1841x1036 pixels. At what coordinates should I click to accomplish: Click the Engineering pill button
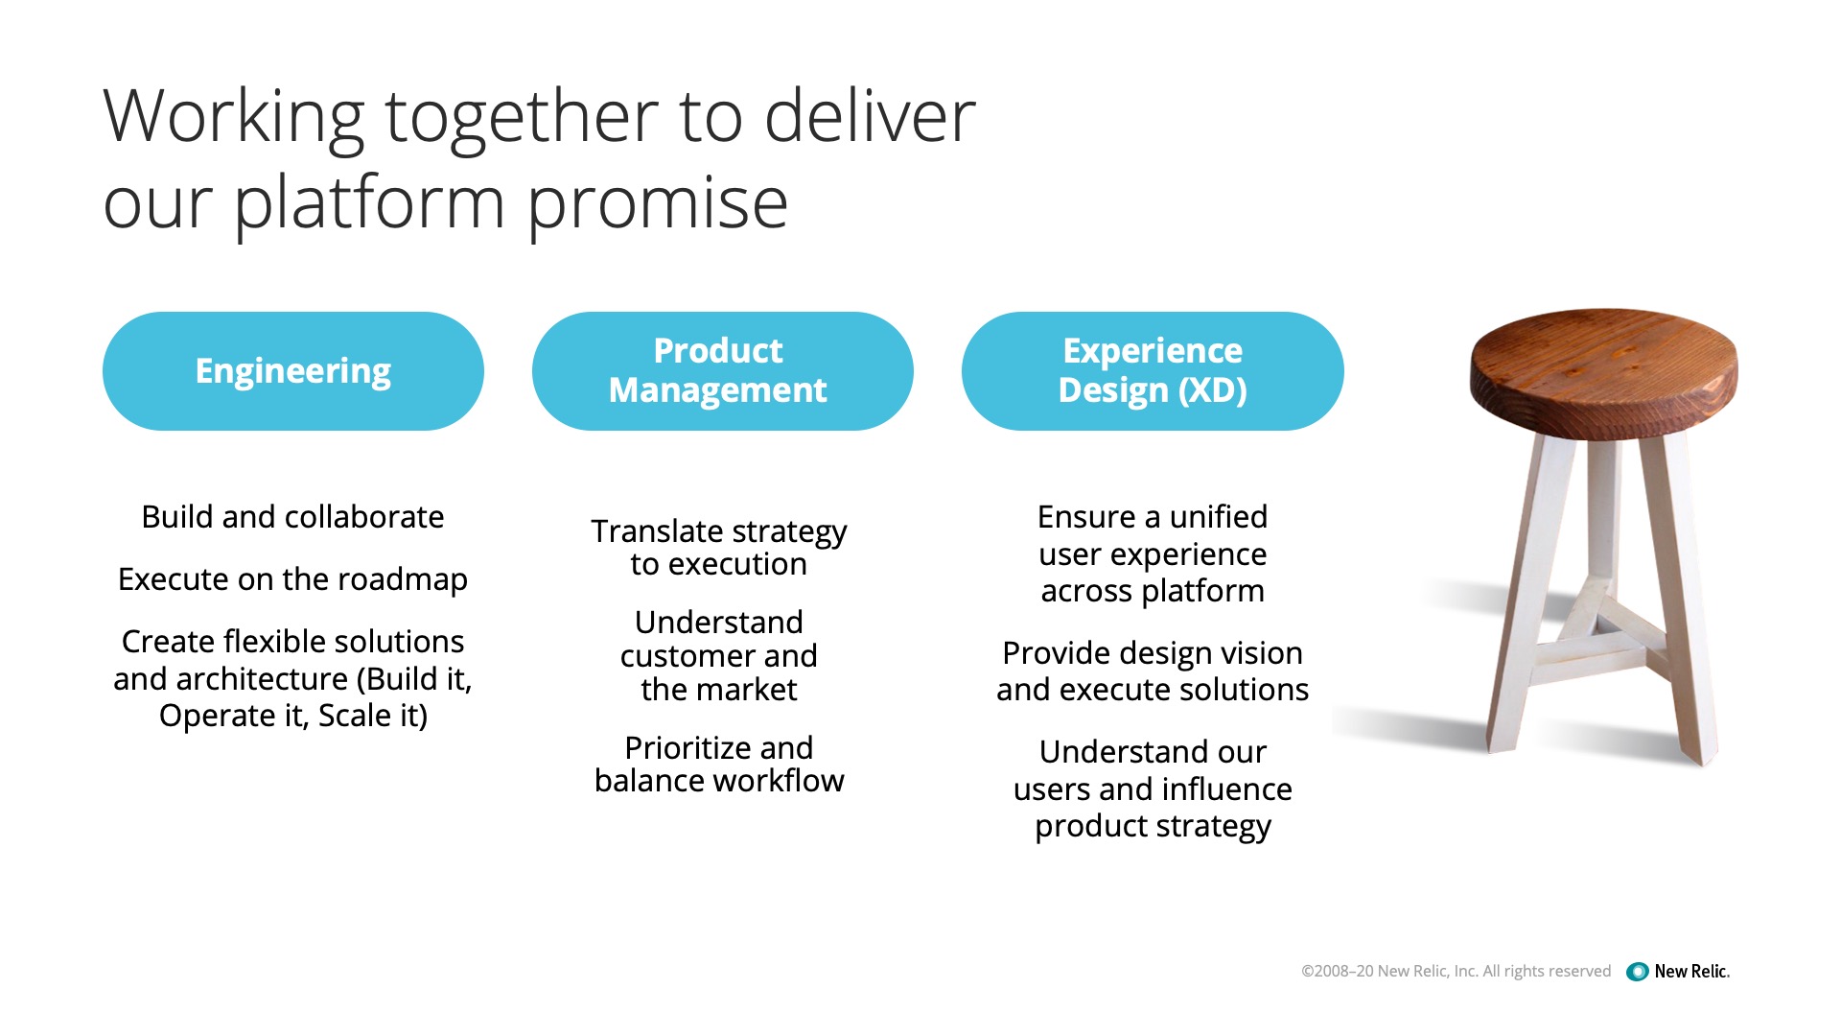[293, 371]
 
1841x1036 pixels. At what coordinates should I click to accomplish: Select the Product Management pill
[723, 371]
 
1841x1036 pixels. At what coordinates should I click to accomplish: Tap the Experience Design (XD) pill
[1153, 371]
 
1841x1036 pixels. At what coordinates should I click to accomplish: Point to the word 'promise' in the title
[657, 205]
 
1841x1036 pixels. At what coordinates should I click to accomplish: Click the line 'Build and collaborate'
[292, 517]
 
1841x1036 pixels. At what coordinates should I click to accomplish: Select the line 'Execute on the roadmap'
[292, 579]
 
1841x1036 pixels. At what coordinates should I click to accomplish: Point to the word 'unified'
[1218, 517]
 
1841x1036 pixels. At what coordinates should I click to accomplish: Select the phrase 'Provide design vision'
[1153, 653]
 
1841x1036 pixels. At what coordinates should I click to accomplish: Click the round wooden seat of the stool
[1603, 369]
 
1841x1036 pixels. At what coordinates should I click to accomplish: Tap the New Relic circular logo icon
[1638, 972]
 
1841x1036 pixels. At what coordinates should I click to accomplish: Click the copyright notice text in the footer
[1456, 972]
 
